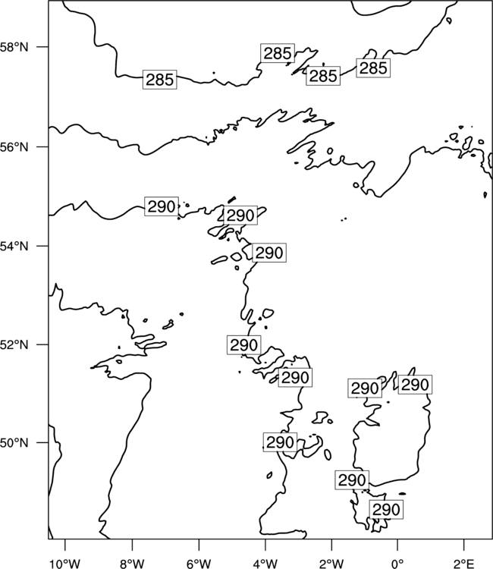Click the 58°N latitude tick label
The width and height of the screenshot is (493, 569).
14,47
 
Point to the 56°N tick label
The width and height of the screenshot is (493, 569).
14,147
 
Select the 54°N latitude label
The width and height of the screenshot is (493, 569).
14,247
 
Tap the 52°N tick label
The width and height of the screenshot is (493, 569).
14,344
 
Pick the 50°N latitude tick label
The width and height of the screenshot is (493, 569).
14,443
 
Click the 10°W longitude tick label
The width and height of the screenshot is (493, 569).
65,564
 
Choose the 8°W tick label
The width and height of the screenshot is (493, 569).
132,564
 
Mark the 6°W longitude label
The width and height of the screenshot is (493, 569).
199,564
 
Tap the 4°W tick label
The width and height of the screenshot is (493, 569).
265,564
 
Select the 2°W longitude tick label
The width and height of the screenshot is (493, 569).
331,564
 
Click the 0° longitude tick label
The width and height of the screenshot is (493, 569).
397,564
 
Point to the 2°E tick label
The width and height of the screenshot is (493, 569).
464,564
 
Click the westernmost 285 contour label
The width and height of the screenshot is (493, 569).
159,80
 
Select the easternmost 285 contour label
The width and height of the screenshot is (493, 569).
373,68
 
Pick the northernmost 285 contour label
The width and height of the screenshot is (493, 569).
278,53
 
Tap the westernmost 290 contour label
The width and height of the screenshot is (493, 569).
162,206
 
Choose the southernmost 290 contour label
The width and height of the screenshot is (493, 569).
386,510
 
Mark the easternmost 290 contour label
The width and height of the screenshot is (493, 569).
416,385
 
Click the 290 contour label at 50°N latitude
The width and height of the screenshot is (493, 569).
280,442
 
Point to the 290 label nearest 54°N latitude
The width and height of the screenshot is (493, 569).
269,253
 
